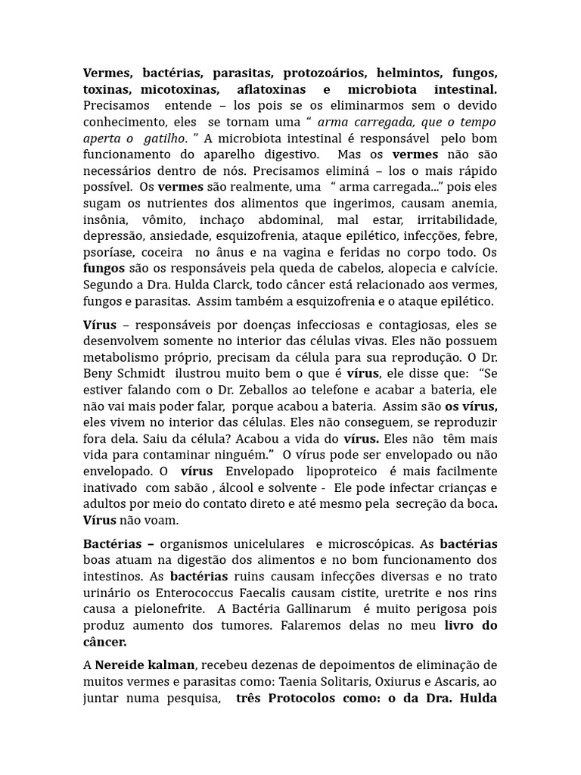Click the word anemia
tap(474, 203)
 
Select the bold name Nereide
tap(125, 665)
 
